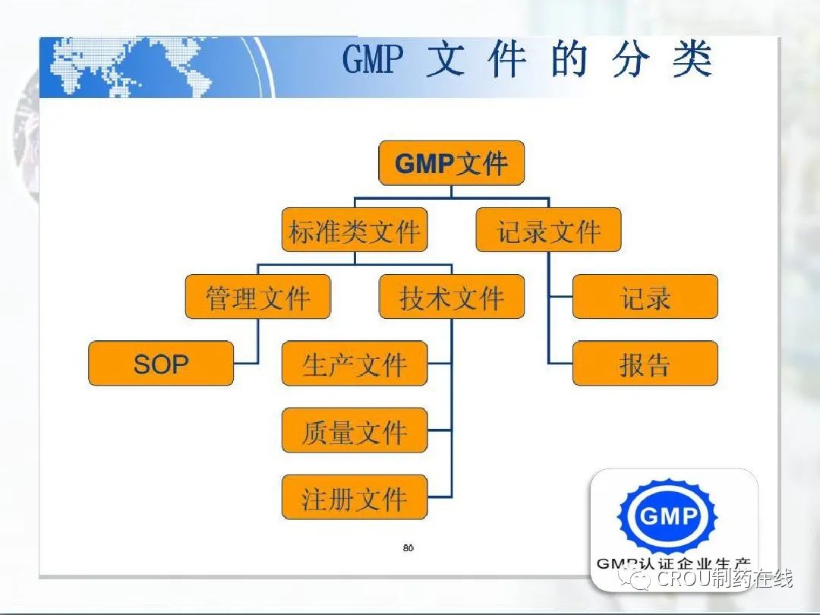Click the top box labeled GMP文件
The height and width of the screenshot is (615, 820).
[451, 162]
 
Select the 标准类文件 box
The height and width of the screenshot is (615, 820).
[355, 230]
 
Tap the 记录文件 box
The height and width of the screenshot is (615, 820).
[549, 230]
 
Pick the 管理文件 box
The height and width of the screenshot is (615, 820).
[258, 297]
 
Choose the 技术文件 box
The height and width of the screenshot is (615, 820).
[452, 297]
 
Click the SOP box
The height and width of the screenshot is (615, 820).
[161, 364]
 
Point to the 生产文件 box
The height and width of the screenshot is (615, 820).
[355, 364]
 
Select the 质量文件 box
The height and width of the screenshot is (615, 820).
[355, 430]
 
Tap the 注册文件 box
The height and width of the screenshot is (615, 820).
[355, 497]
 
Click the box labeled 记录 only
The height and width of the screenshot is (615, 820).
[645, 297]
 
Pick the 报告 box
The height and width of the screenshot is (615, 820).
[645, 364]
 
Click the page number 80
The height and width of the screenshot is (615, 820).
[408, 547]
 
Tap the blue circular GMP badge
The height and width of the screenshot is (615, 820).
[668, 516]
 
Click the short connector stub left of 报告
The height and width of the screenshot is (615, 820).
[560, 364]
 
